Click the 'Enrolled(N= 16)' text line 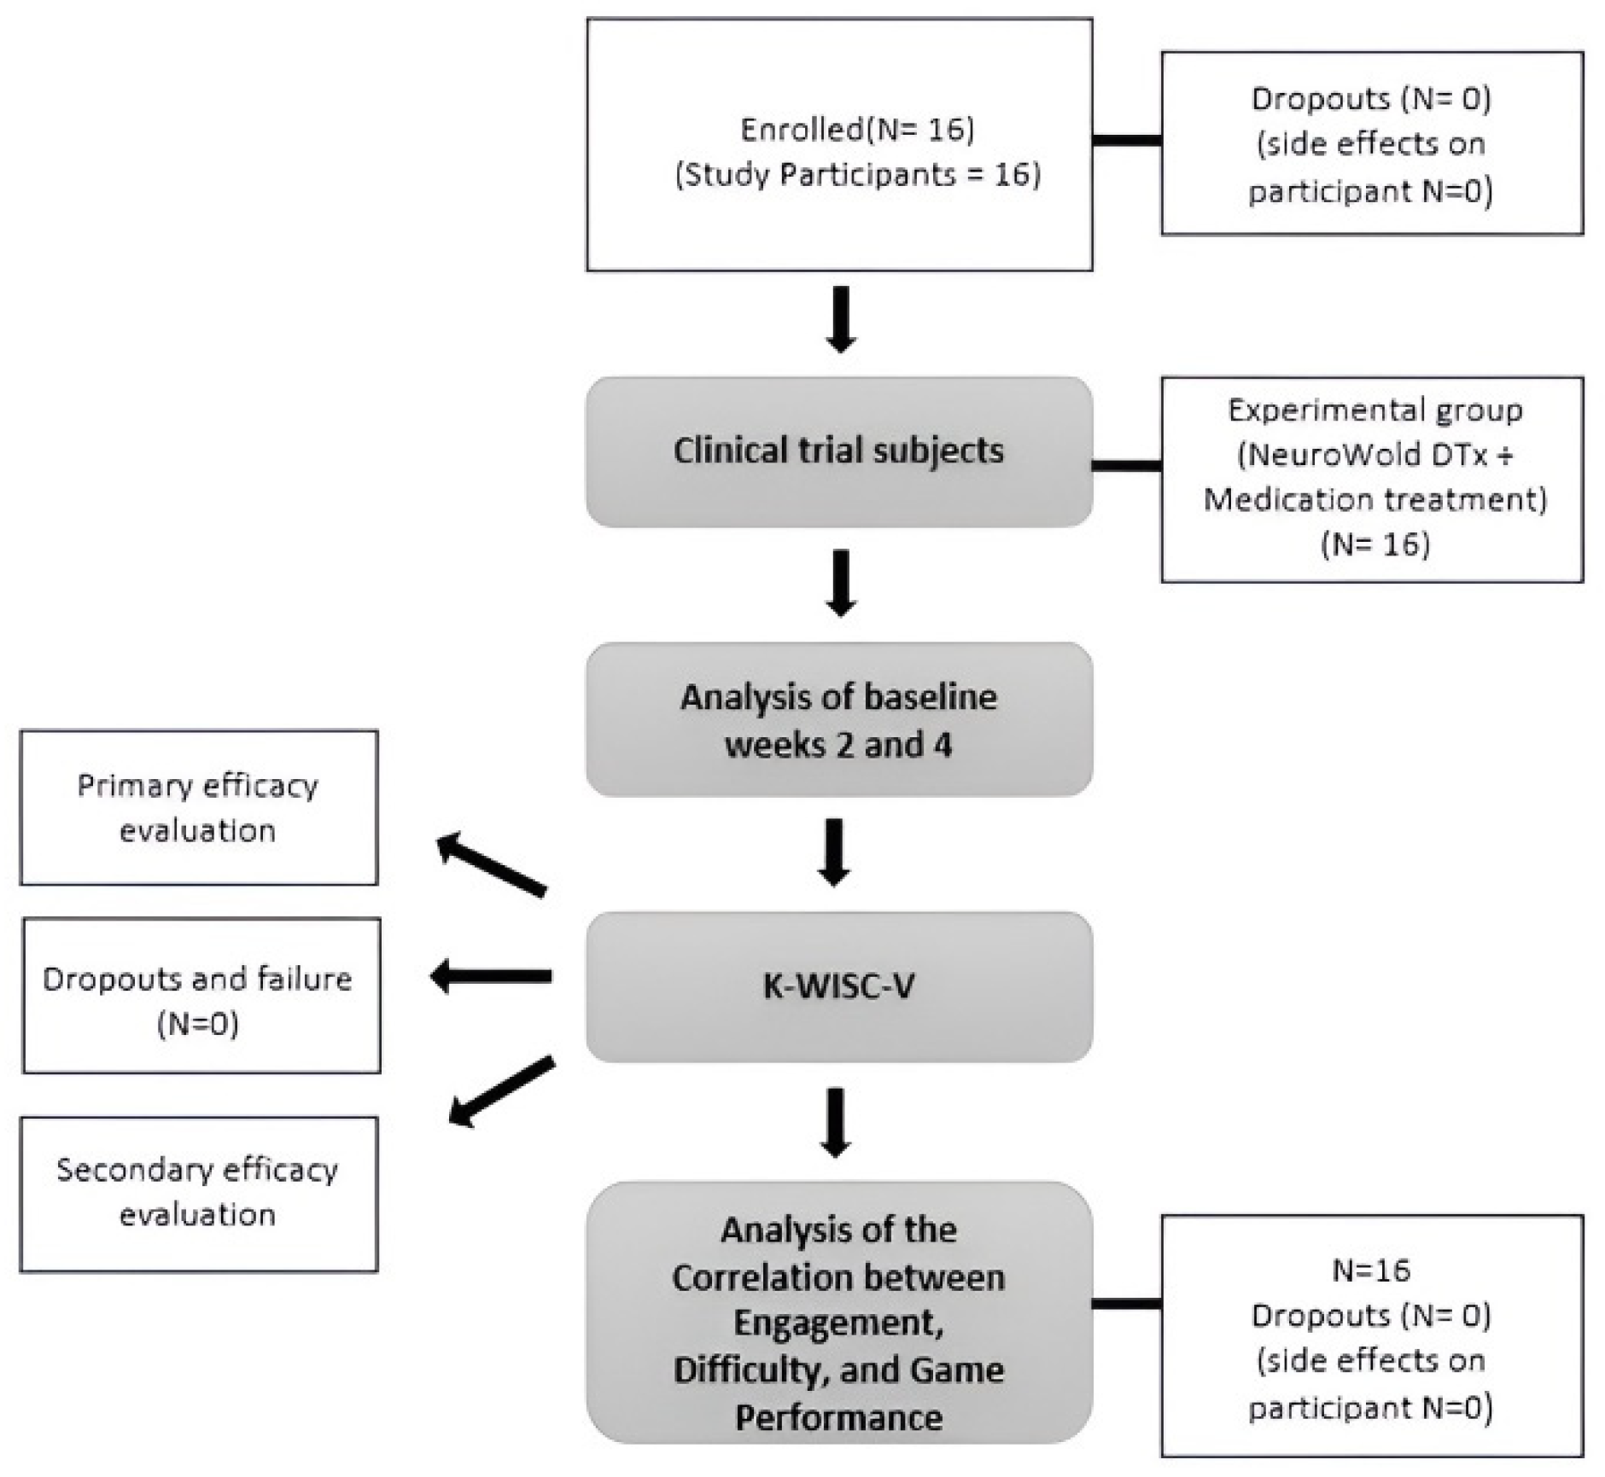click(856, 129)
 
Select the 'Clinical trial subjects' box click(838, 451)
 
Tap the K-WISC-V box click(838, 986)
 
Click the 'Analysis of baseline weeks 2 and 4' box click(838, 719)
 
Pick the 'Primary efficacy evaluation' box click(198, 807)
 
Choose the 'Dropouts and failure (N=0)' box click(201, 996)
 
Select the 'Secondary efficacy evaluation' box click(198, 1193)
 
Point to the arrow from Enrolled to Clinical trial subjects click(841, 318)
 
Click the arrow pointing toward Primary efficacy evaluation click(491, 864)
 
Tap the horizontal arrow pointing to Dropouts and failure click(491, 976)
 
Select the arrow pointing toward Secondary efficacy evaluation click(502, 1092)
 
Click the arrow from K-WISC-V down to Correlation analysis click(835, 1121)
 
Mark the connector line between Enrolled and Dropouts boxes click(1126, 140)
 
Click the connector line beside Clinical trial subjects click(1126, 465)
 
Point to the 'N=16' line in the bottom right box click(1371, 1270)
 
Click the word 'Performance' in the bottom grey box click(838, 1417)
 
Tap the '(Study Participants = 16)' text click(857, 174)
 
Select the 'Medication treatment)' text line click(1374, 499)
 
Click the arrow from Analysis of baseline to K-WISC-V click(834, 852)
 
